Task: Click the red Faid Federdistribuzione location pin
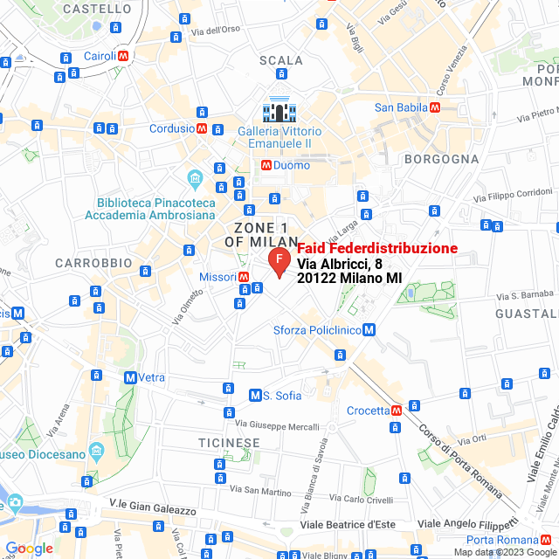click(x=278, y=261)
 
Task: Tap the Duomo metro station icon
click(x=266, y=165)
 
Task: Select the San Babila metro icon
click(x=434, y=107)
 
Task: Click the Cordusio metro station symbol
click(x=202, y=128)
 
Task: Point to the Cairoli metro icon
click(x=124, y=55)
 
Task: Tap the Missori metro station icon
click(x=244, y=277)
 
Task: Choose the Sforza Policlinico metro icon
click(x=369, y=329)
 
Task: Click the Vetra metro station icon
click(x=130, y=377)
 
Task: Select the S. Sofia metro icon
click(x=255, y=395)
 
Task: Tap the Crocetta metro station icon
click(x=397, y=410)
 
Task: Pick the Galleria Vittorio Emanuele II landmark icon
click(x=281, y=111)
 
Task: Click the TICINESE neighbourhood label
click(x=229, y=443)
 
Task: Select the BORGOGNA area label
click(x=441, y=159)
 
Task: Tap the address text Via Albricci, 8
click(x=339, y=264)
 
